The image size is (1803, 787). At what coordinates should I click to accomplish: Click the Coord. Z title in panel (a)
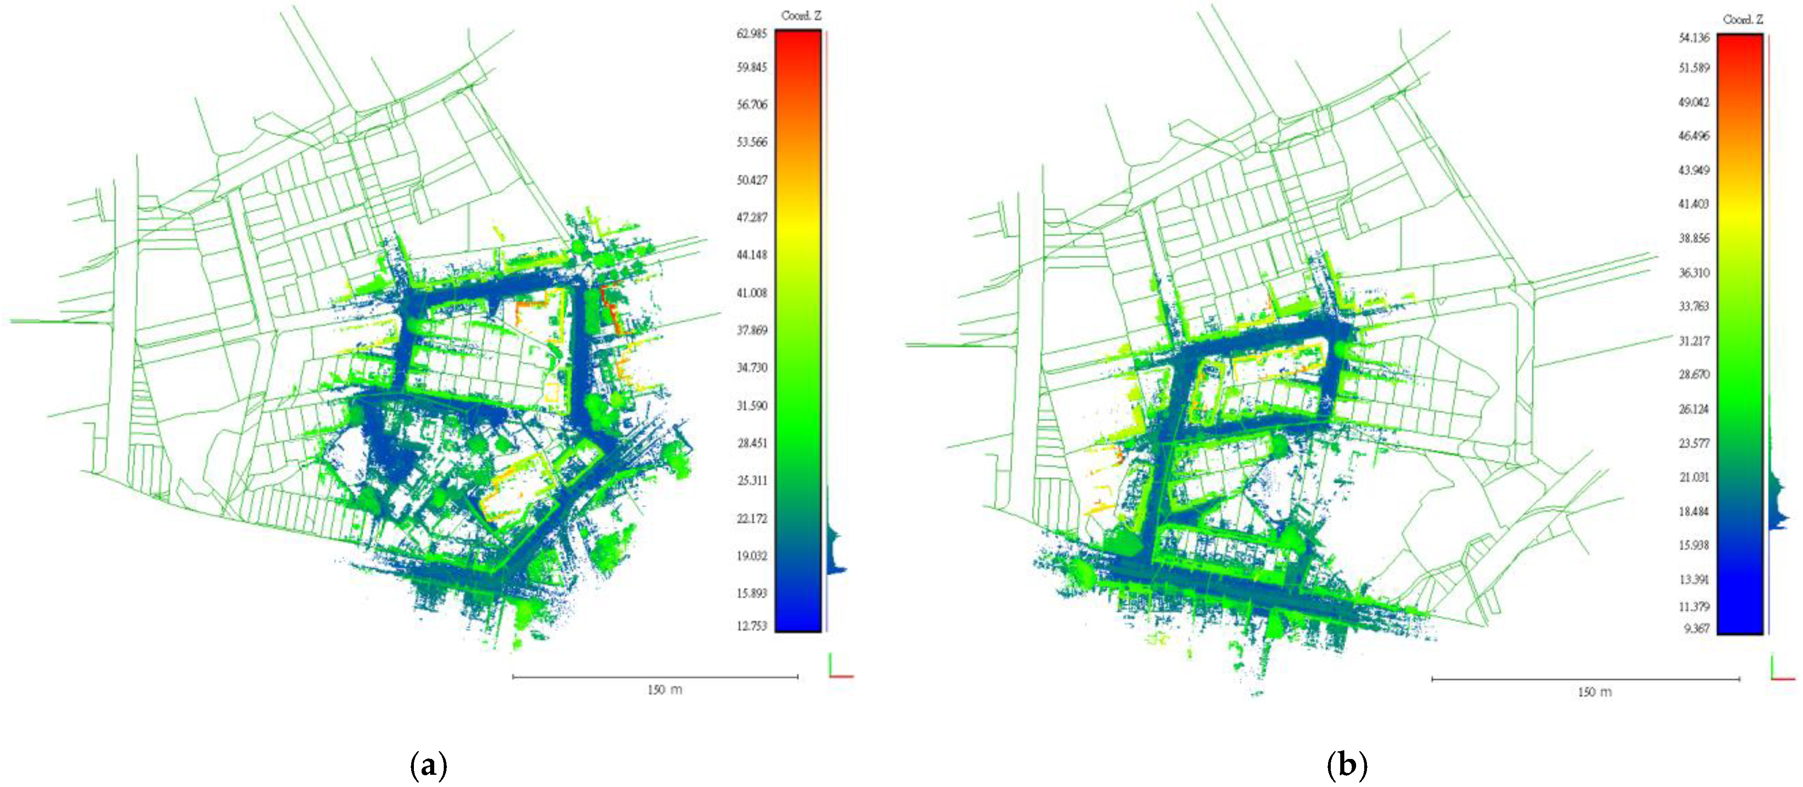[801, 15]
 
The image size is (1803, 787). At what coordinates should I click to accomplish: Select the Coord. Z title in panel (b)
[1743, 19]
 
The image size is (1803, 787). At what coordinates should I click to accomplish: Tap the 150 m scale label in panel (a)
[664, 690]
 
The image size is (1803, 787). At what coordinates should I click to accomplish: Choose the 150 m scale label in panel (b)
[1594, 692]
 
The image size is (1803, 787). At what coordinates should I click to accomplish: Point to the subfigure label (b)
[1347, 765]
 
